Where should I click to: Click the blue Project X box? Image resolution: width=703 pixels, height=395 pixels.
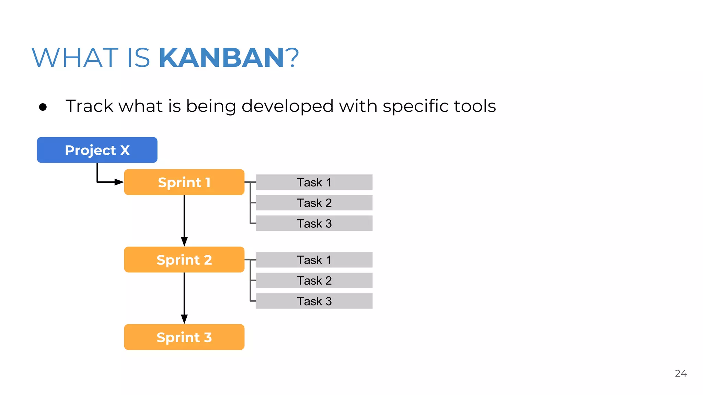(97, 150)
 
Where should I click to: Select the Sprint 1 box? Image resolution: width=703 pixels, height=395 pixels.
(184, 182)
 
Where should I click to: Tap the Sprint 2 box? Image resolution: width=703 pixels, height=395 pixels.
(184, 260)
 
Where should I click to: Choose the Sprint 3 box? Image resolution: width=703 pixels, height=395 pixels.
(184, 337)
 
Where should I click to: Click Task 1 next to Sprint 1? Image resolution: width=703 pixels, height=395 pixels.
(314, 182)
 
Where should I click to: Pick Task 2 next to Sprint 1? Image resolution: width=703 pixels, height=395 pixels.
(314, 203)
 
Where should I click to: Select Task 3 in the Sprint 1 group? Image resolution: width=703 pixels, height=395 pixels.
(314, 223)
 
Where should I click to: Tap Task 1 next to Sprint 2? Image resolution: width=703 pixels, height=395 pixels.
(314, 260)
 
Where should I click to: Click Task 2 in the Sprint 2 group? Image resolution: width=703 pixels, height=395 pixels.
(314, 280)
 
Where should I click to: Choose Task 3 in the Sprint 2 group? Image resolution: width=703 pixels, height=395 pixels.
(314, 301)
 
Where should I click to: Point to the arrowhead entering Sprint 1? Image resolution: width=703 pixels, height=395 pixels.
(119, 182)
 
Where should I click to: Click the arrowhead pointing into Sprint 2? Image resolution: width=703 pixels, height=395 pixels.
(184, 241)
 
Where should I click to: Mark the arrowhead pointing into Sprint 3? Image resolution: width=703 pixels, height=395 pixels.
(184, 319)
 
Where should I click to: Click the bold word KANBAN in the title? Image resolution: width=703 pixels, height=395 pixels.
(221, 58)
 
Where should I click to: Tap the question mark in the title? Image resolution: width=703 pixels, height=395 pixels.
(292, 58)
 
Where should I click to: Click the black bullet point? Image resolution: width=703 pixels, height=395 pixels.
(43, 107)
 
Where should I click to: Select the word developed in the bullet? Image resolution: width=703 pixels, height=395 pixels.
(287, 106)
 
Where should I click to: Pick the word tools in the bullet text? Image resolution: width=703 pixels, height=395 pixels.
(475, 106)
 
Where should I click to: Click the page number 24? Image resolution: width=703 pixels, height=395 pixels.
(680, 373)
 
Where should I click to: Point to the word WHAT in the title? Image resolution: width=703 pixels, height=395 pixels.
(75, 58)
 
